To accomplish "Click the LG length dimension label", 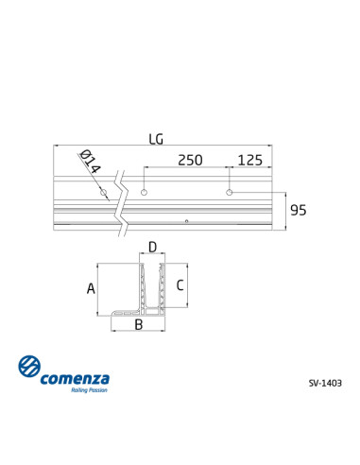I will click(x=157, y=137).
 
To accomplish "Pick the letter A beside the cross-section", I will click(x=92, y=287).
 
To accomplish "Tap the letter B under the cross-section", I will click(x=138, y=325).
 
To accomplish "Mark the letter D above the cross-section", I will click(x=152, y=248).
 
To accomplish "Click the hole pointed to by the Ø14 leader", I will click(x=104, y=193).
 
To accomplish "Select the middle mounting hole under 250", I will click(x=144, y=193).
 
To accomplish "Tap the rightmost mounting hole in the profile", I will click(x=230, y=193).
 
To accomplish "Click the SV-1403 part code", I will click(x=324, y=384).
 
